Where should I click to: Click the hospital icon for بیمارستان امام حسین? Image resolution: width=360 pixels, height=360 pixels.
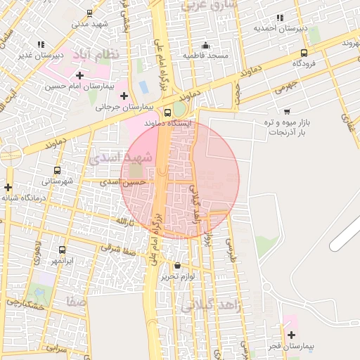coord(79,75)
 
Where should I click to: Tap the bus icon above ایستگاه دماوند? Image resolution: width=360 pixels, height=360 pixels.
coord(167,112)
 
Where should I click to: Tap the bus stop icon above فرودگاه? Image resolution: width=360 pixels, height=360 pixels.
coord(304,53)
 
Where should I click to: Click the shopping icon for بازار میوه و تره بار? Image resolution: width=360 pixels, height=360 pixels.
coord(287,111)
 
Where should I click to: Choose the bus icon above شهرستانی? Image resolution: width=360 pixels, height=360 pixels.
coord(57,170)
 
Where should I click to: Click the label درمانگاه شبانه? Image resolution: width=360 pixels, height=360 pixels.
coord(24,198)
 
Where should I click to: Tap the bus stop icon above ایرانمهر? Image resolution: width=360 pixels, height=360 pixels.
coord(63,250)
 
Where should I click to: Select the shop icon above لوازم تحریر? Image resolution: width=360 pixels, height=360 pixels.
coord(176,266)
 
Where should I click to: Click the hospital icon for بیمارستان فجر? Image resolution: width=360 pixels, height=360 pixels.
coord(291,335)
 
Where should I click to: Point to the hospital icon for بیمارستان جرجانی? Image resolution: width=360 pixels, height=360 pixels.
coord(124,96)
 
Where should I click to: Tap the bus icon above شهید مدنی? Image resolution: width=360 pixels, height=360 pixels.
coord(89,13)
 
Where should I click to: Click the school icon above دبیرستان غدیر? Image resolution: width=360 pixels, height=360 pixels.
coord(40,44)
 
